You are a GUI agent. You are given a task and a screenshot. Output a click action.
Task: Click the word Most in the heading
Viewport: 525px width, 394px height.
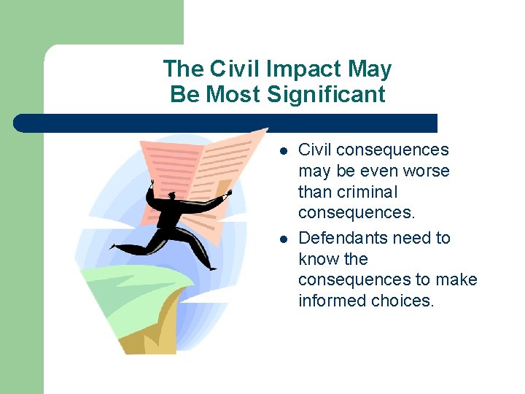(236, 94)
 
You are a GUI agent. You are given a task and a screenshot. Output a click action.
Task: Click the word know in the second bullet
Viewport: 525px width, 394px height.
(319, 259)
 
